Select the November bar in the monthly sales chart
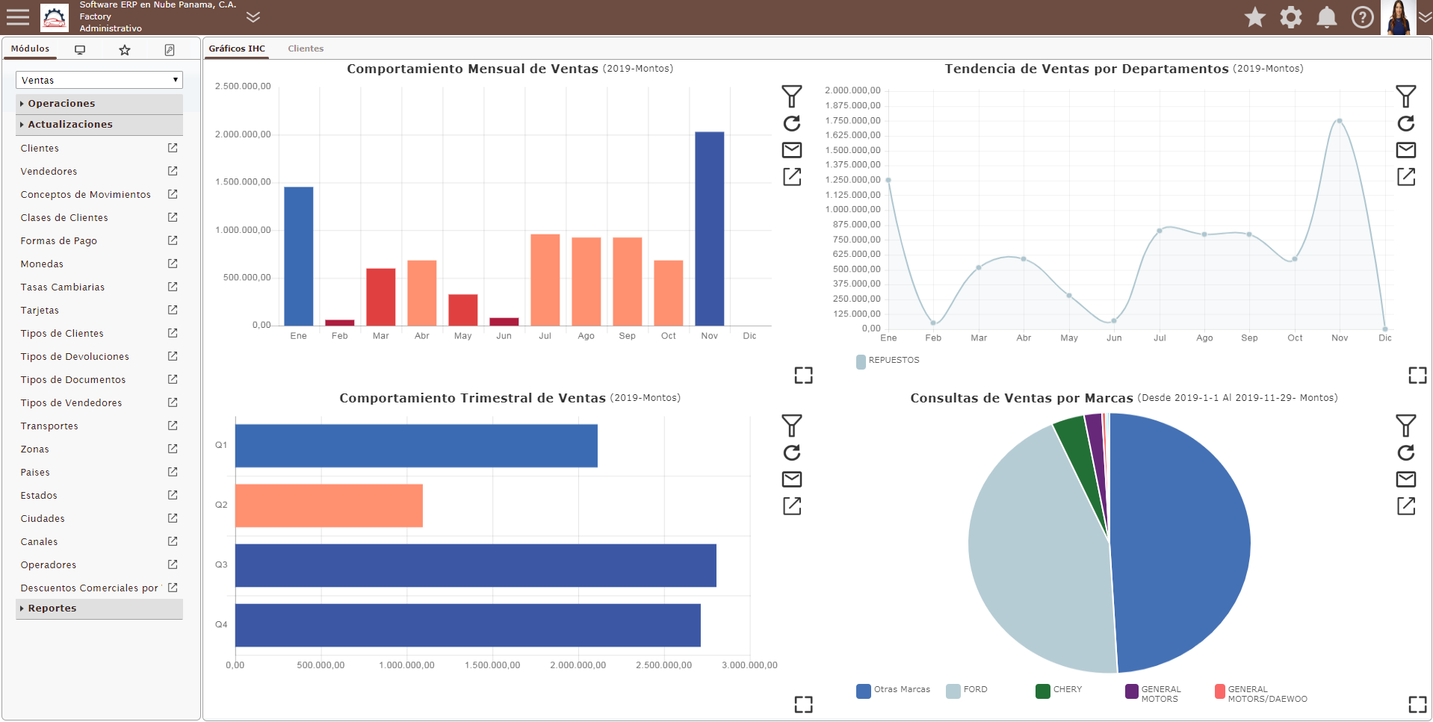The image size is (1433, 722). coord(709,228)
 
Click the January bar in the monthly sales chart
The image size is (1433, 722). coord(298,256)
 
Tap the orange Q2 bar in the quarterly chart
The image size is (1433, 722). coord(329,505)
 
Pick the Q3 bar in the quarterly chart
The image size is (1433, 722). coord(476,565)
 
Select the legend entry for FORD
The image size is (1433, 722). coord(967,690)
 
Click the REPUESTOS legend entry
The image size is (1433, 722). coord(888,361)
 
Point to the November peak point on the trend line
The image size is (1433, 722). coord(1340,121)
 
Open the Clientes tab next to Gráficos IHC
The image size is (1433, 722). coord(306,49)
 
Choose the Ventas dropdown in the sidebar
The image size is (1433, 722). coord(99,80)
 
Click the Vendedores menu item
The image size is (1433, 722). coord(49,172)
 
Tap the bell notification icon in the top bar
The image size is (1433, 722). coord(1327,17)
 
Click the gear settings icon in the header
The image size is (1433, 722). coord(1291,17)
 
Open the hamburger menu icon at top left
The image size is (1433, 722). coord(18,17)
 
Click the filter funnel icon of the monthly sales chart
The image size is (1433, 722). coord(792,96)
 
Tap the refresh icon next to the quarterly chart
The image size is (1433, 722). coord(792,452)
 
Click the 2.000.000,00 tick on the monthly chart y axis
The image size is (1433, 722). coord(243,134)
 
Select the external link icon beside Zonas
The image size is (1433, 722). coord(173,449)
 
